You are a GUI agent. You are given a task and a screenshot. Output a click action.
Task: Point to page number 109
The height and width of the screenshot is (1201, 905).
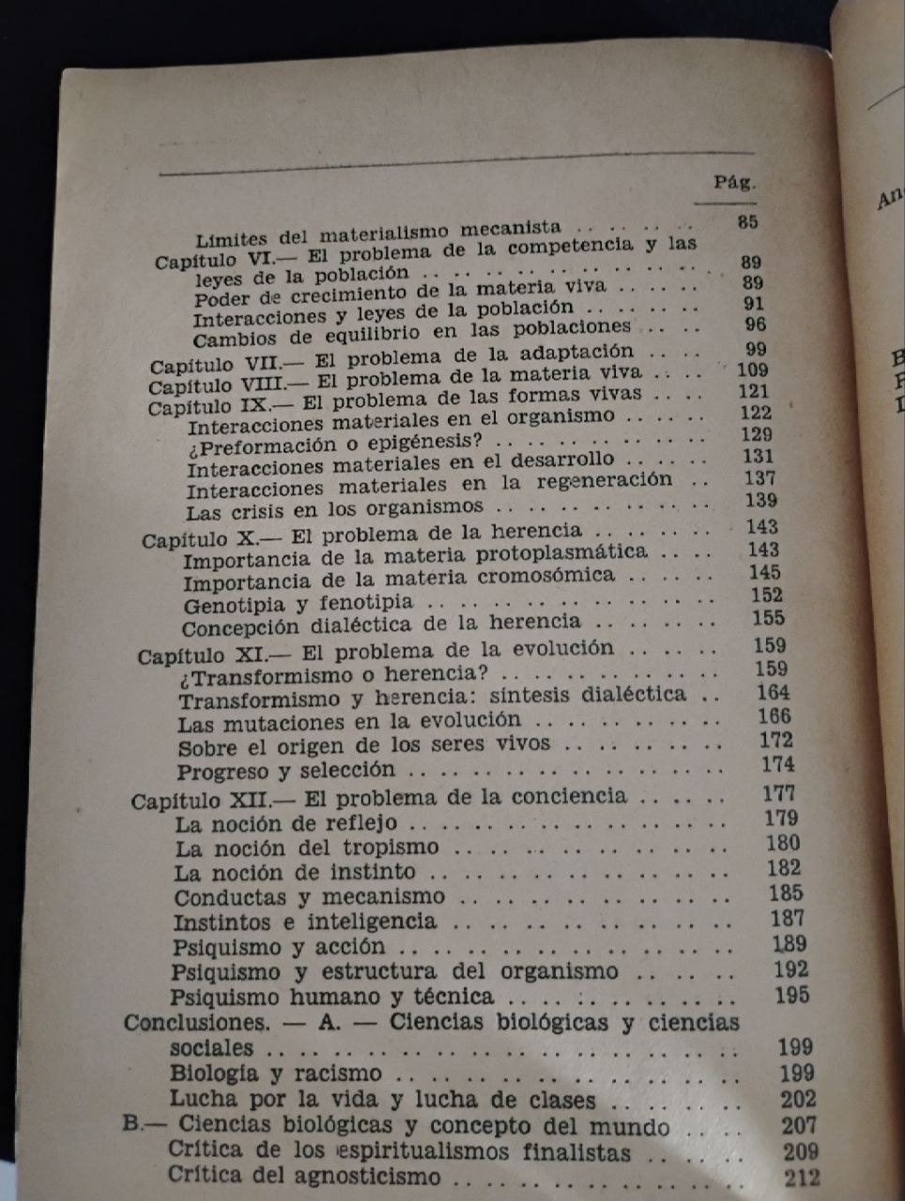point(753,370)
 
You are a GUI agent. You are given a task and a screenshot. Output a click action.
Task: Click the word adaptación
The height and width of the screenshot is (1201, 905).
point(575,353)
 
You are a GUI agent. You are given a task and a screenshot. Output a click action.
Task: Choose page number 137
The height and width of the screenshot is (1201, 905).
point(759,479)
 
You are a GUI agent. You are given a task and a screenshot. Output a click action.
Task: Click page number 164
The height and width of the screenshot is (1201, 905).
point(774,692)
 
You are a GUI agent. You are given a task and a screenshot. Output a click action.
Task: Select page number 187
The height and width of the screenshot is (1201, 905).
point(786,919)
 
